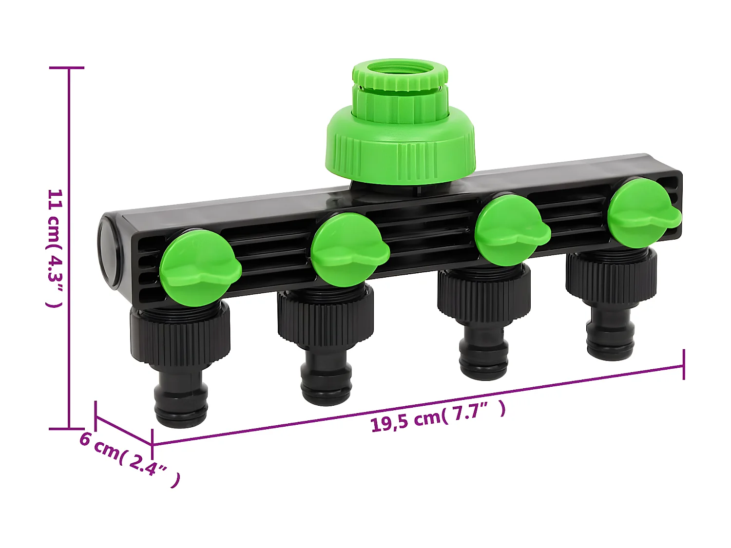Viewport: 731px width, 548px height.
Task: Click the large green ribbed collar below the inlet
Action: [400, 149]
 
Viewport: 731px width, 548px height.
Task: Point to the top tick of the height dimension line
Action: [68, 68]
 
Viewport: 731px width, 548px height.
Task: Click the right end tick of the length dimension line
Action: [684, 364]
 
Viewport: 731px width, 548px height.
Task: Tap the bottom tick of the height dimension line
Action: [68, 429]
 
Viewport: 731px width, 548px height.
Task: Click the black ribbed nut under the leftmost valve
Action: [180, 336]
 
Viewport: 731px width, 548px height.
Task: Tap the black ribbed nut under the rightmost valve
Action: [611, 278]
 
